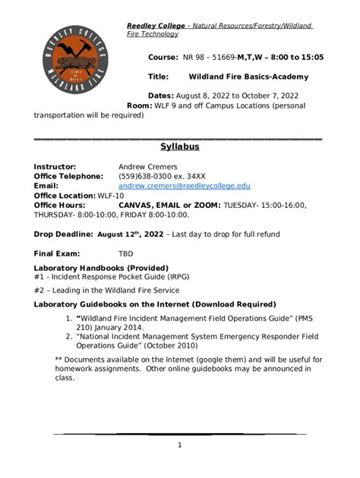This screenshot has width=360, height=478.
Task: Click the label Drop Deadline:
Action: coord(63,234)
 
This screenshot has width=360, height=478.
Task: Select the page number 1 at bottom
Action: coord(180,445)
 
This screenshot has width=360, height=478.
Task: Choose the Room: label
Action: coord(139,105)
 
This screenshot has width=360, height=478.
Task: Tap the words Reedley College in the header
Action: coord(156,26)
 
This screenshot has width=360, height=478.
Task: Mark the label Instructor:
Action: coord(55,166)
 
